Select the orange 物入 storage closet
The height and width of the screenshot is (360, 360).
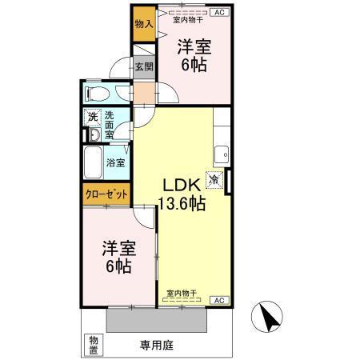click(x=143, y=24)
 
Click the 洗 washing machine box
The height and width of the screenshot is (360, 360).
click(x=92, y=117)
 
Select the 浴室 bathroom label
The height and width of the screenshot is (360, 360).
click(x=117, y=162)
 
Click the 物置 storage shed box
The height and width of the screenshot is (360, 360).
click(x=94, y=343)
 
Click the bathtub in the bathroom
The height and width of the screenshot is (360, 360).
click(x=94, y=161)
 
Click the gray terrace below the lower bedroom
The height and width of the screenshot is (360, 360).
click(x=158, y=320)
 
